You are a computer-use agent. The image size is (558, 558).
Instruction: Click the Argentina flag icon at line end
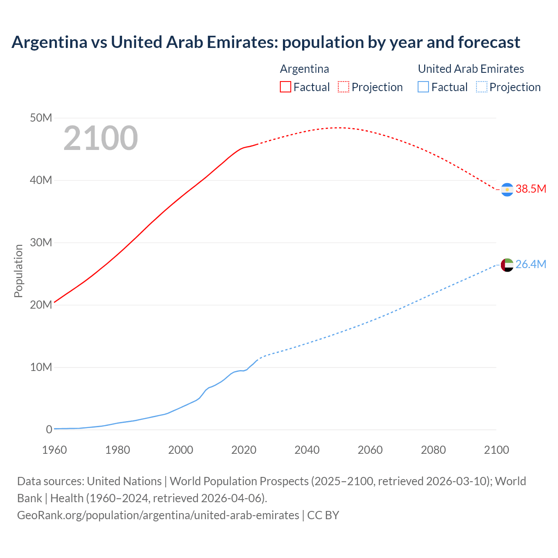(507, 190)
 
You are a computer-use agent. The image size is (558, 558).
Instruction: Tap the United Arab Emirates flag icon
(507, 265)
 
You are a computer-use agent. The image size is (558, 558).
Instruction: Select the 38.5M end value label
(531, 189)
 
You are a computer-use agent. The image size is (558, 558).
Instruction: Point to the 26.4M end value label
(531, 264)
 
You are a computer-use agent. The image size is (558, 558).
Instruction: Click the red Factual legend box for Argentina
(285, 87)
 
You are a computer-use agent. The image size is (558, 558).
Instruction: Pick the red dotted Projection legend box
(344, 87)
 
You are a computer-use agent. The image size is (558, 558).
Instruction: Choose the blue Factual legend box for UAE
(423, 87)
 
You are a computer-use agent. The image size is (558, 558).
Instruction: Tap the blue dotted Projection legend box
(482, 87)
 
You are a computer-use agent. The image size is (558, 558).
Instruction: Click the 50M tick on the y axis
(41, 118)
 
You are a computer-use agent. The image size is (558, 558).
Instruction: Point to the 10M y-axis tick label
(41, 367)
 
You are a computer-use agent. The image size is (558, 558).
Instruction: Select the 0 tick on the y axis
(49, 429)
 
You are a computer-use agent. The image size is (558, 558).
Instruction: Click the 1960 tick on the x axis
(54, 450)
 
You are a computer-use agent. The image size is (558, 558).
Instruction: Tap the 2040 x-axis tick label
(307, 450)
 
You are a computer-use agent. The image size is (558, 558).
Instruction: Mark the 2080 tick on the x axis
(433, 450)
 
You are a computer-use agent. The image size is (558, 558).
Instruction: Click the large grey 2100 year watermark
(101, 138)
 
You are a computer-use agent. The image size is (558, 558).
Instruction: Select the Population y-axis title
(18, 271)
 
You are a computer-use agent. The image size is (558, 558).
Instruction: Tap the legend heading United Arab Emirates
(471, 69)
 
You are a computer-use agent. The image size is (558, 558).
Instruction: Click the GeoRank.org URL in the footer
(158, 515)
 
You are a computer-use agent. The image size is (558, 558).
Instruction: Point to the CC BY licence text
(323, 515)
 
